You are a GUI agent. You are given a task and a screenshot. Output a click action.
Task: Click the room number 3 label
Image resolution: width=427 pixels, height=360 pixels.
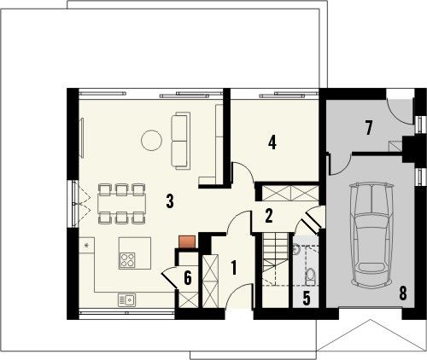170,201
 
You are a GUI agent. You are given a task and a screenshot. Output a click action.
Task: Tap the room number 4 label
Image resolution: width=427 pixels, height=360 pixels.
272,142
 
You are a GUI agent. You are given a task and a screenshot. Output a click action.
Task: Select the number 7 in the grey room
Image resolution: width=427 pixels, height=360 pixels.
369,128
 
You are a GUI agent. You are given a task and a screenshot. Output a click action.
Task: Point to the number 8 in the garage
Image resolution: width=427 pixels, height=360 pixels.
402,293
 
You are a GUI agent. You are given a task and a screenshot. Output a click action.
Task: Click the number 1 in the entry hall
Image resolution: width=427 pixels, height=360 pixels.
232,267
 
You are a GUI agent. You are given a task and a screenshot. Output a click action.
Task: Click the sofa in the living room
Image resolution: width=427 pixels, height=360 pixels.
181,140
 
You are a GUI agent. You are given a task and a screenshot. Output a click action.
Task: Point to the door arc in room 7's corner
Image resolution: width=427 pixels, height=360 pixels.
398,109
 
